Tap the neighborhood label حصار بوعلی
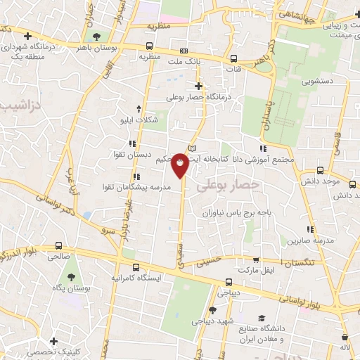click(x=228, y=185)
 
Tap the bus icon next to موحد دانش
click(x=321, y=169)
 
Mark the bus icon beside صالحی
click(x=58, y=246)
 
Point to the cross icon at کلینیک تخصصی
click(x=53, y=341)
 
